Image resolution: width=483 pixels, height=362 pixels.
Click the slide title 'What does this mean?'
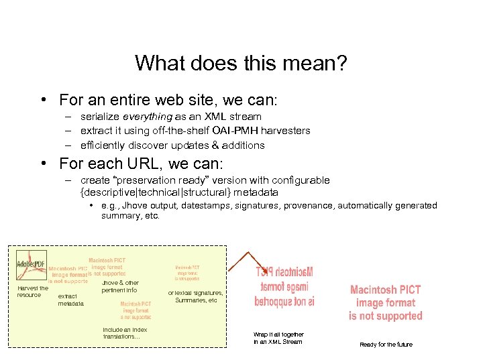[x=241, y=63]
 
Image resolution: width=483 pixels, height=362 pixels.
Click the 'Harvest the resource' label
[x=32, y=292]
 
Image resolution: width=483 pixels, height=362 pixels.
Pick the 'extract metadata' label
[x=71, y=300]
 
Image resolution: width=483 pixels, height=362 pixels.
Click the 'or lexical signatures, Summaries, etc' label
[x=195, y=296]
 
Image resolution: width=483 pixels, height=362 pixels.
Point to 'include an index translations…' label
[x=125, y=333]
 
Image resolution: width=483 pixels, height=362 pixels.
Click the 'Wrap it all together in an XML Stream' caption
[x=278, y=338]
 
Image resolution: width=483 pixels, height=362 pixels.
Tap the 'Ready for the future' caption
[x=386, y=345]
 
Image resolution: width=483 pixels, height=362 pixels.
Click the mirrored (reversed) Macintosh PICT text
[x=284, y=287]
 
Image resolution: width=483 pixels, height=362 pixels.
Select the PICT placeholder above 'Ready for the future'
[x=385, y=303]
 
